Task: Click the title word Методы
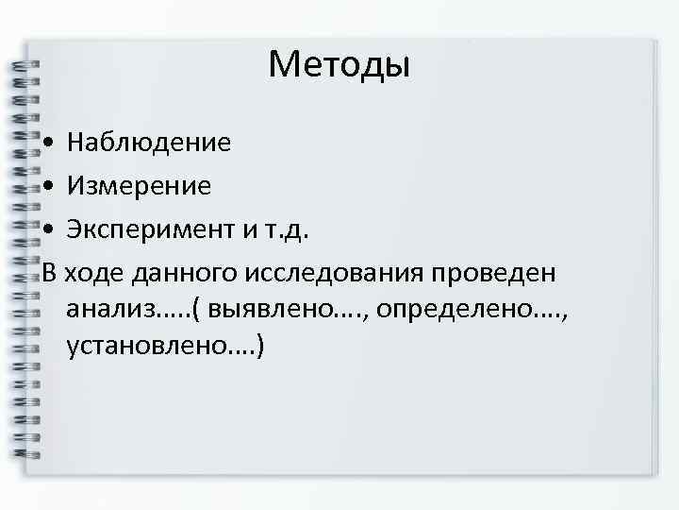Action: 339,65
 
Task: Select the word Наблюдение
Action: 148,144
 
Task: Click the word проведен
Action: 495,273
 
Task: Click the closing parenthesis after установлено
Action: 259,347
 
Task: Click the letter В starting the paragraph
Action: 50,273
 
